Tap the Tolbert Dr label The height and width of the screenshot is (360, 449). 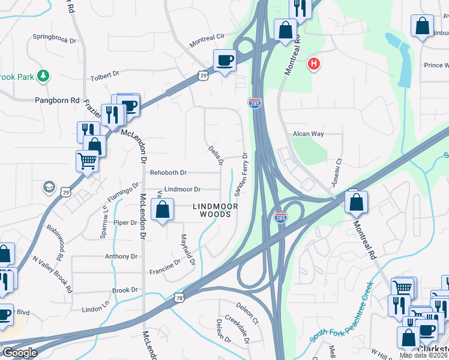104,77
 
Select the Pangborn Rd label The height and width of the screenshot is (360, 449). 57,101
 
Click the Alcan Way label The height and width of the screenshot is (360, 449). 308,134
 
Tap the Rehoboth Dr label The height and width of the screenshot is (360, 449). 168,172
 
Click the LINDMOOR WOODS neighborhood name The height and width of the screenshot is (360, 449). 215,210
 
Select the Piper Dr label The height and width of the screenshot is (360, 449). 125,223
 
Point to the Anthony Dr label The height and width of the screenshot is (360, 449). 121,256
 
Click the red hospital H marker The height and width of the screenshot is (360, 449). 313,64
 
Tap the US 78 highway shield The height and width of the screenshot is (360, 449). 179,297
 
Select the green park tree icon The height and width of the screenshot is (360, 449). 43,76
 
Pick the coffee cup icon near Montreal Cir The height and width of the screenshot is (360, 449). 225,60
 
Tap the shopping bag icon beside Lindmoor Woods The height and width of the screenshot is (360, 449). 163,209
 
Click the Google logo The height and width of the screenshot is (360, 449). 19,353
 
